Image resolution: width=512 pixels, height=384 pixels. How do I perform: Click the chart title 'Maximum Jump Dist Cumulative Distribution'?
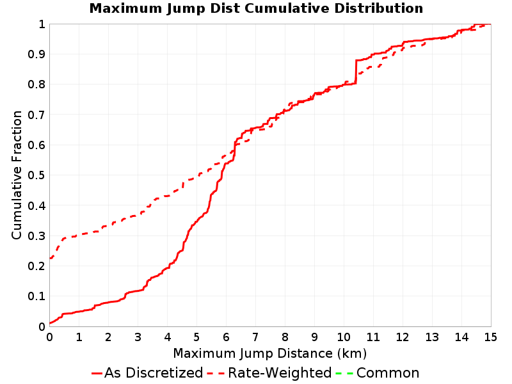[x=256, y=8]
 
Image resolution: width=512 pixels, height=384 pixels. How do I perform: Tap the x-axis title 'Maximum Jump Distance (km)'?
[x=270, y=353]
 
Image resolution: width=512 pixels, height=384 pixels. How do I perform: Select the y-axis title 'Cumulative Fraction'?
[x=17, y=175]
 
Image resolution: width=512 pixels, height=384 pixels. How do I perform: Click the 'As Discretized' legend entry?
[x=147, y=373]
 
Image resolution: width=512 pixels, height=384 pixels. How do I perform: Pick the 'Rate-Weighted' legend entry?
[x=269, y=373]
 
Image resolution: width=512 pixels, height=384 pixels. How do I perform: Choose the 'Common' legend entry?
[x=377, y=373]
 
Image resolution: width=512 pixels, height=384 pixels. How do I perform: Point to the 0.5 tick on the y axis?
[x=36, y=175]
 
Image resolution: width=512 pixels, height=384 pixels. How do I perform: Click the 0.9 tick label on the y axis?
[x=36, y=54]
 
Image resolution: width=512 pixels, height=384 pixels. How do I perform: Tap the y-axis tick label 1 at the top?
[x=42, y=24]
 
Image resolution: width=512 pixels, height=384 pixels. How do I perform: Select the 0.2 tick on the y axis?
[x=36, y=266]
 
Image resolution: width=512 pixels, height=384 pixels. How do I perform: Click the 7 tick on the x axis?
[x=255, y=337]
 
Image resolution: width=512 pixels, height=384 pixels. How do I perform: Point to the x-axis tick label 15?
[x=491, y=337]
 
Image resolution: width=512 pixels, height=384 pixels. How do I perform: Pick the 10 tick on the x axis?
[x=344, y=337]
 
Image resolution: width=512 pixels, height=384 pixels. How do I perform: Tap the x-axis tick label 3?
[x=138, y=337]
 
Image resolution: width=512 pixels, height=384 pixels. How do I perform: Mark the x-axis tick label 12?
[x=403, y=337]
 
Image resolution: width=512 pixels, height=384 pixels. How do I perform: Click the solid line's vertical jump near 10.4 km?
[x=356, y=72]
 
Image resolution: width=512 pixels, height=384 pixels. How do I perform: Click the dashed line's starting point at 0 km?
[x=50, y=259]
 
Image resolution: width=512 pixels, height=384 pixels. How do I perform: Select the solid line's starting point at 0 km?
[x=50, y=323]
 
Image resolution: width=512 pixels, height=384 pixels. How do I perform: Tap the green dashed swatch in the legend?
[x=344, y=373]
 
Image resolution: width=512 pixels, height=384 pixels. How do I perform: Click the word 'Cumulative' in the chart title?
[x=289, y=8]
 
